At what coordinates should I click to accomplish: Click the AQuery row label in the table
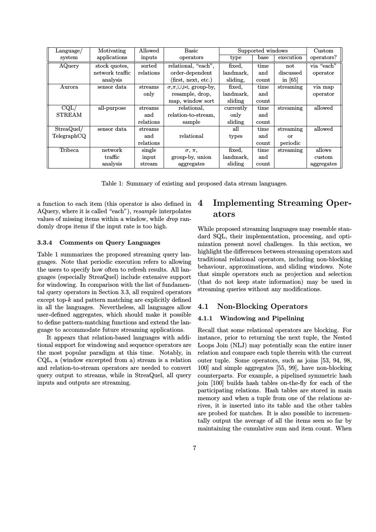[69, 66]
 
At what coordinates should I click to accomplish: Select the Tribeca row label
[69, 150]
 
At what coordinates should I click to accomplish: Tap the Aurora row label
[69, 87]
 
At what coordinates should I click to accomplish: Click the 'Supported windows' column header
[262, 51]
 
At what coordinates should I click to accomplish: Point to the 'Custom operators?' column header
[323, 54]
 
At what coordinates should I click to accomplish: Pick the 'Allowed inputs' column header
[149, 54]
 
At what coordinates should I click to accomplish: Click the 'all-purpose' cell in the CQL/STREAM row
[112, 108]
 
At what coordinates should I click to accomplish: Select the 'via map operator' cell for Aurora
[323, 91]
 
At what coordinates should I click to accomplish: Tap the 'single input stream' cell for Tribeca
[149, 157]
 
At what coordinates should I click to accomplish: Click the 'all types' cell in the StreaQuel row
[235, 133]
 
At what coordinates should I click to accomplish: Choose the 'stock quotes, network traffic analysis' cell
[112, 73]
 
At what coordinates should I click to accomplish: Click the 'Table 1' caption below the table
[194, 184]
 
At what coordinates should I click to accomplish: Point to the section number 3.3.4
[45, 243]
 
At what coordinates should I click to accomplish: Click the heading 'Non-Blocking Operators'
[262, 307]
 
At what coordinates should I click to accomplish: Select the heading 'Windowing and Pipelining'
[262, 318]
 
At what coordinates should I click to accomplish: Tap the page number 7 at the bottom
[195, 448]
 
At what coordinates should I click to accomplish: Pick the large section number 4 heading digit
[201, 203]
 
